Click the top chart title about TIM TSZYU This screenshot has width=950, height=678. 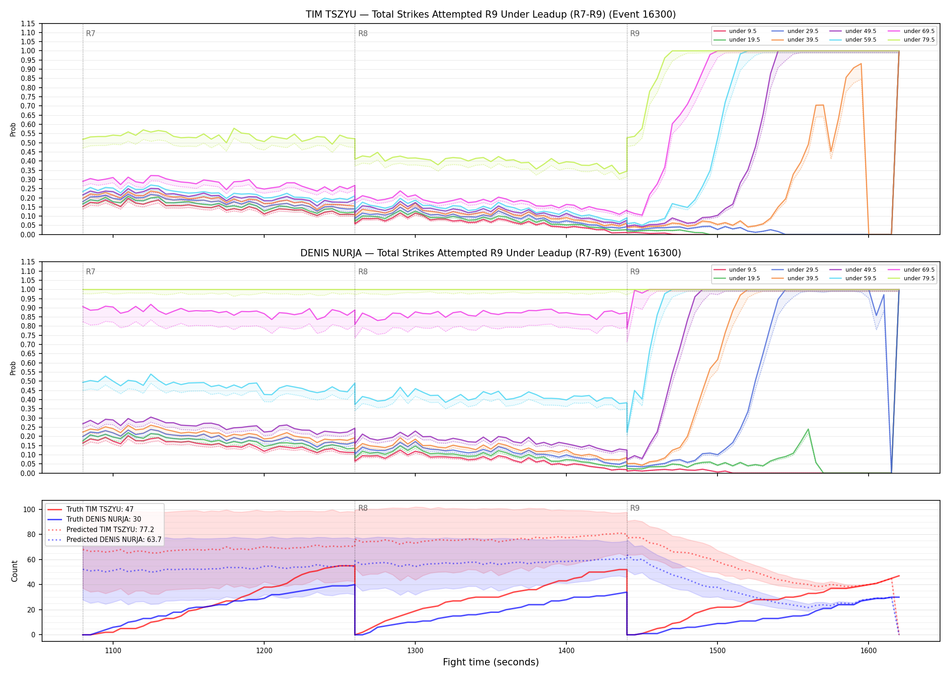(491, 14)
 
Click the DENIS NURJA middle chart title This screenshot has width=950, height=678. (491, 253)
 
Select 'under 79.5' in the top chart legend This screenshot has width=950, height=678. (919, 40)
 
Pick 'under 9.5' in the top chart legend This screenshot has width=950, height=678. (743, 31)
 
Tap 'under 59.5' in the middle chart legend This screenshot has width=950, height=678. (860, 278)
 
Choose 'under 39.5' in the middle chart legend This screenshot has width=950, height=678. (803, 278)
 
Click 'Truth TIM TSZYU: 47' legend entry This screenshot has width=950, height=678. (100, 509)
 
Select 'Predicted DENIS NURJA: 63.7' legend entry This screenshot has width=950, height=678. (114, 540)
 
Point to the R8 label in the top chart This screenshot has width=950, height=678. (363, 33)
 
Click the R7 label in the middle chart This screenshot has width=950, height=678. (90, 272)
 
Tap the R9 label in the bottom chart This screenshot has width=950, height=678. (635, 508)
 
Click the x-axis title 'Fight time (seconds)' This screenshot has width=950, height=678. (491, 662)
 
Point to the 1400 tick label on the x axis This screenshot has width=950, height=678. (566, 651)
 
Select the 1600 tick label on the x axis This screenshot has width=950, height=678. (869, 651)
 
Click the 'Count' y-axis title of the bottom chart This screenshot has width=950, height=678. (14, 571)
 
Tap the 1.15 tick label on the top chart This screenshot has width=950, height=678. (28, 24)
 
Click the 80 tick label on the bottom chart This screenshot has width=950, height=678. (31, 534)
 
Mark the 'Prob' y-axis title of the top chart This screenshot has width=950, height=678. (13, 129)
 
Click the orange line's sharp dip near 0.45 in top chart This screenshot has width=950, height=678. (831, 151)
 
